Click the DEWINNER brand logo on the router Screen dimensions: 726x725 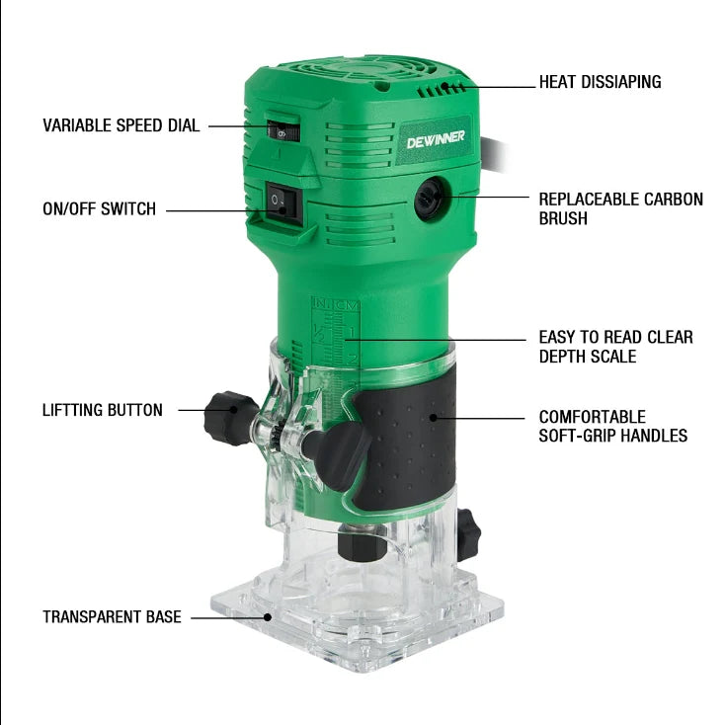point(436,139)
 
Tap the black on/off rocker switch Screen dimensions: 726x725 point(282,204)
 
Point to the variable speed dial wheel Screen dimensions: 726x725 point(283,131)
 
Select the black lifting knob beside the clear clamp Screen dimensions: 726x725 point(229,418)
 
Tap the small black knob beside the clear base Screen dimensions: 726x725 point(468,534)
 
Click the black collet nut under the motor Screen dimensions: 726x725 point(362,542)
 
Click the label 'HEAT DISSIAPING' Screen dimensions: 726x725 point(600,82)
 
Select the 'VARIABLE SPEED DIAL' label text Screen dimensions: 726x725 point(121,125)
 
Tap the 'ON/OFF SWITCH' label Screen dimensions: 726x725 point(99,208)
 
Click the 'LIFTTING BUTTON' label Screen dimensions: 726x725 point(103,410)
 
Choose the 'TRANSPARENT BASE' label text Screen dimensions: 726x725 point(112,616)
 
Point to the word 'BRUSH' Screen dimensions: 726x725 point(563,218)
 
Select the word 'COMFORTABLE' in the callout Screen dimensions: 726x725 point(592,417)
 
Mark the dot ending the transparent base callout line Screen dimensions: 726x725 point(267,617)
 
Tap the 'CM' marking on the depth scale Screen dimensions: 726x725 point(347,305)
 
